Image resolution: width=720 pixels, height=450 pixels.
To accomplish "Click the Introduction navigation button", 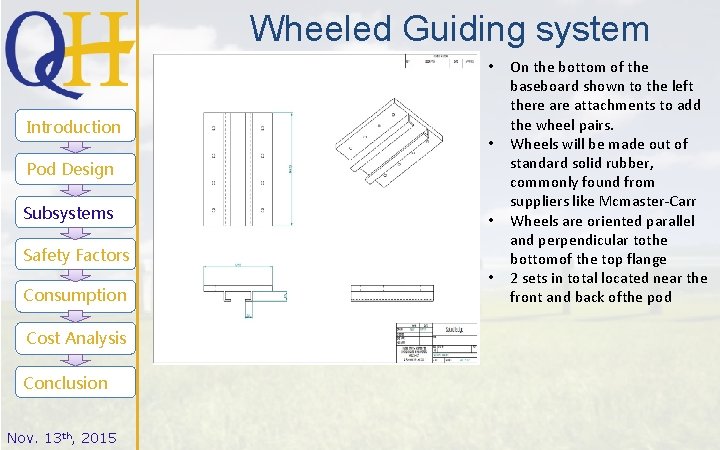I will pos(73,127).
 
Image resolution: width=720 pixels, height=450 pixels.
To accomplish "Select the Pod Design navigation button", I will pos(70,169).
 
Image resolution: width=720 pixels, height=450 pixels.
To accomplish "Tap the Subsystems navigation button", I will pos(68,213).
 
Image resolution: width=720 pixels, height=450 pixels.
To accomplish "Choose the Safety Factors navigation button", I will pos(76,255).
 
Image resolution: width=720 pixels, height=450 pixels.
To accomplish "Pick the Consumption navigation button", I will pos(75,295).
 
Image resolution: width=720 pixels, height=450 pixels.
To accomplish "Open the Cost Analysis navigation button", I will pos(76,338).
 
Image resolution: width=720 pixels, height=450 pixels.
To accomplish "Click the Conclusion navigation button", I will pos(66,383).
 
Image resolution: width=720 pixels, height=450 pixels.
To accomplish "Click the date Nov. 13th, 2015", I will pos(61,438).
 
